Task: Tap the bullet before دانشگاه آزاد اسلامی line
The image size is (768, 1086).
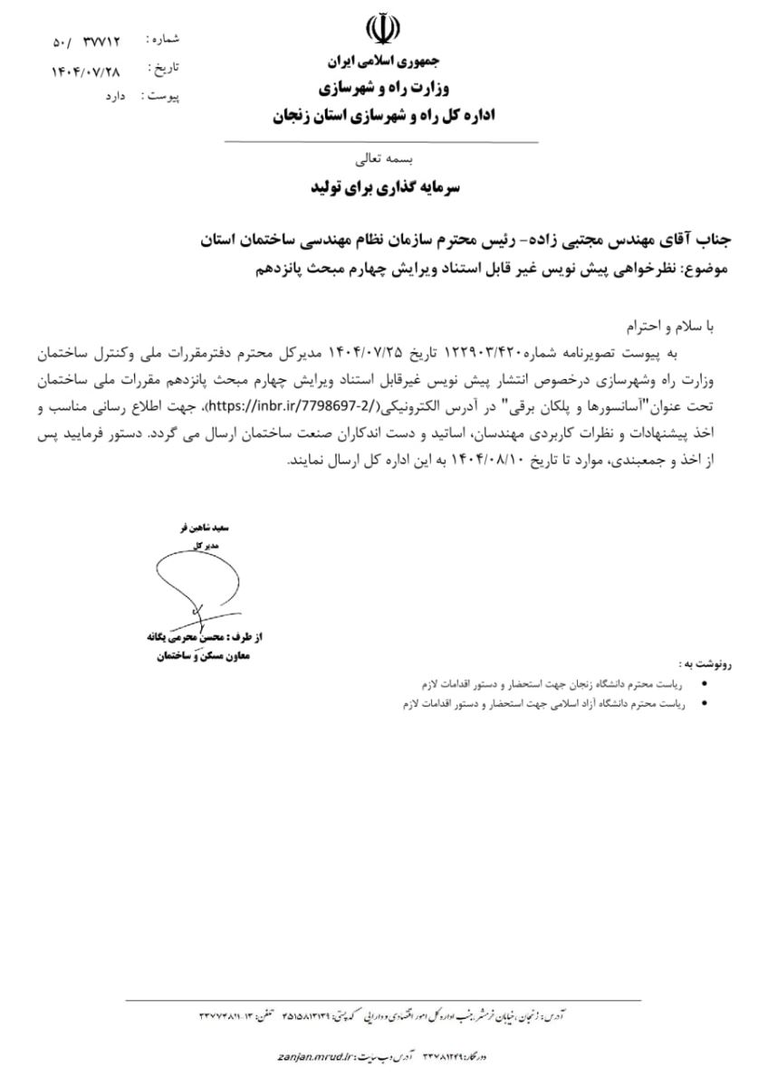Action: click(706, 702)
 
